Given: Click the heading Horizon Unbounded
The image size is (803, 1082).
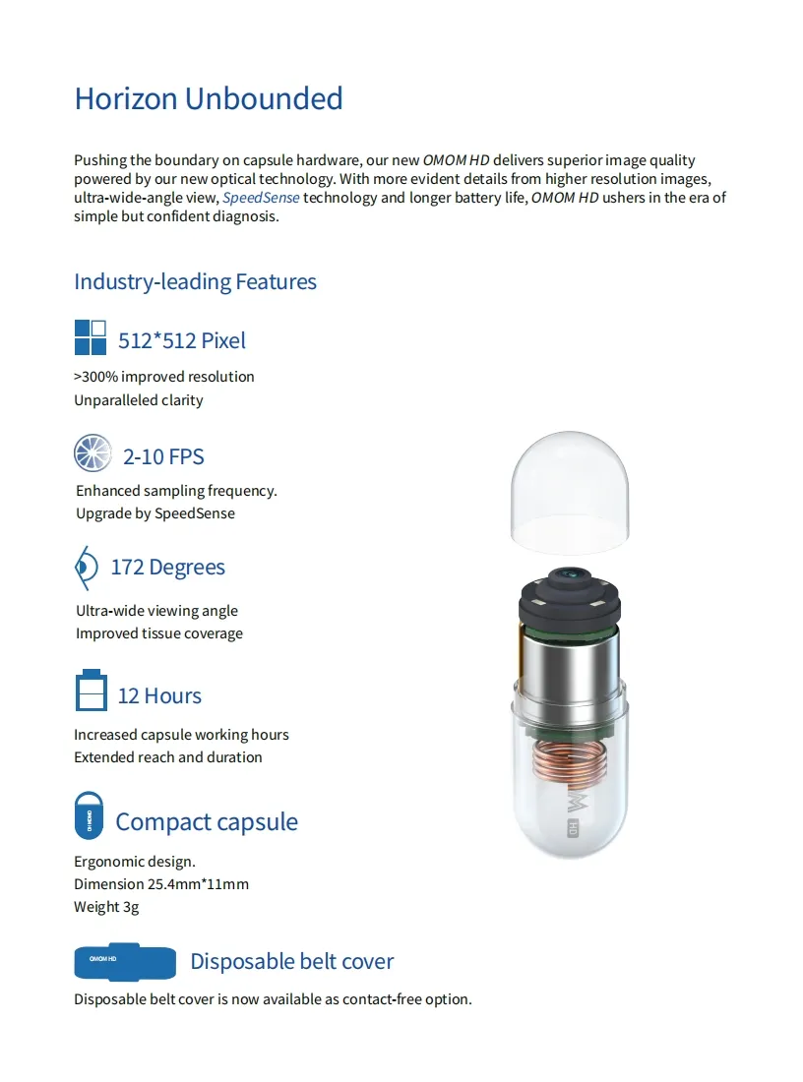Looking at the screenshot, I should click(209, 98).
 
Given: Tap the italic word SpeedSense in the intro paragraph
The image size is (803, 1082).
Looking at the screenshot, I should click(261, 198).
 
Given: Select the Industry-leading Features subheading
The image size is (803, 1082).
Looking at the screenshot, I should click(195, 281).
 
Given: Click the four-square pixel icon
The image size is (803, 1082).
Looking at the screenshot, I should click(91, 337).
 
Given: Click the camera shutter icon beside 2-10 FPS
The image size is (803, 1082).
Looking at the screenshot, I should click(93, 453).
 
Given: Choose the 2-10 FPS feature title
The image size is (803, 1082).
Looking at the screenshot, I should click(163, 456).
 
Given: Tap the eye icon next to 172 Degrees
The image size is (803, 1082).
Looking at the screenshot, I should click(87, 568).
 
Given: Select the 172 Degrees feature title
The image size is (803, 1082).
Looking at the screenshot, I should click(167, 568).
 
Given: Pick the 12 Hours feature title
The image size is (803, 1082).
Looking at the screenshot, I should click(159, 695).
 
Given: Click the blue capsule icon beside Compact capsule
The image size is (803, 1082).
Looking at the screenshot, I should click(89, 814).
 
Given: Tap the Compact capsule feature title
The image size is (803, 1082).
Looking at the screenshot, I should click(207, 821).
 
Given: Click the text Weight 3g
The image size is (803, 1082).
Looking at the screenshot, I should click(106, 906).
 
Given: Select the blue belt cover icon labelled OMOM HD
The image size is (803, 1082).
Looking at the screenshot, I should click(124, 961).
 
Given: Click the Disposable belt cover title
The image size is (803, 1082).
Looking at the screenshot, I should click(291, 961).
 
